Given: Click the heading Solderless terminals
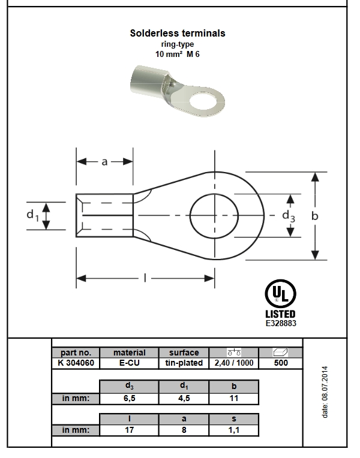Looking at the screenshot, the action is pyautogui.click(x=178, y=33).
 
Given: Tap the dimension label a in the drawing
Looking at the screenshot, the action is pyautogui.click(x=104, y=162).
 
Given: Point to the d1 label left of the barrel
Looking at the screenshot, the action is pyautogui.click(x=32, y=215).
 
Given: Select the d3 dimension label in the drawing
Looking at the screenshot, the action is pyautogui.click(x=289, y=216).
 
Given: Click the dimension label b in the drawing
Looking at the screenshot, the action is pyautogui.click(x=314, y=216).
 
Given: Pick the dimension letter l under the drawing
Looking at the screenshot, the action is pyautogui.click(x=145, y=278).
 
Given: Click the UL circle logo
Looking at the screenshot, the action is pyautogui.click(x=280, y=294).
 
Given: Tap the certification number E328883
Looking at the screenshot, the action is pyautogui.click(x=281, y=323).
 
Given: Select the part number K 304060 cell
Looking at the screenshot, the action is pyautogui.click(x=76, y=363).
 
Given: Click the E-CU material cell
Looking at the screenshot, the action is pyautogui.click(x=129, y=363).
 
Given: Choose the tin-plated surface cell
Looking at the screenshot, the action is pyautogui.click(x=184, y=363).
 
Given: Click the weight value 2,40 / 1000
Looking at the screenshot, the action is pyautogui.click(x=234, y=363).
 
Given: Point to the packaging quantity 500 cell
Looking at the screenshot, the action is pyautogui.click(x=281, y=363).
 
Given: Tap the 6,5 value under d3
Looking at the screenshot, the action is pyautogui.click(x=129, y=399).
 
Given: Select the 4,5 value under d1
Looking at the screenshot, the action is pyautogui.click(x=184, y=399).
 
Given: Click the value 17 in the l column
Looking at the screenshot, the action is pyautogui.click(x=129, y=430).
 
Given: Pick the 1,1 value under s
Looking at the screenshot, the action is pyautogui.click(x=234, y=430).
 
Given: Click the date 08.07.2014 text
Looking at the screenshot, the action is pyautogui.click(x=325, y=392).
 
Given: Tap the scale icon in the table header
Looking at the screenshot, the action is pyautogui.click(x=234, y=352).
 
